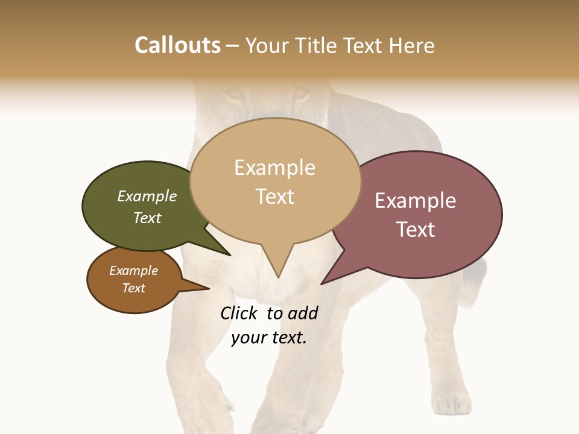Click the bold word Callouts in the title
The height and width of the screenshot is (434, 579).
[x=177, y=45]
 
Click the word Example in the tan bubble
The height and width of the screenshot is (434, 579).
[x=274, y=168]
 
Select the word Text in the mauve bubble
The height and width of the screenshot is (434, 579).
[x=416, y=230]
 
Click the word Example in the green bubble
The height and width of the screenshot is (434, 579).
[x=147, y=196]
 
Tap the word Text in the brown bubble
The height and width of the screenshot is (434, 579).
[x=133, y=288]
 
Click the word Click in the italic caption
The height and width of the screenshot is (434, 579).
[x=239, y=313]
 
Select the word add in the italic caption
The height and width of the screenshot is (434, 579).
[x=303, y=313]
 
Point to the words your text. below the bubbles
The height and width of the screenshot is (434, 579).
[x=269, y=338]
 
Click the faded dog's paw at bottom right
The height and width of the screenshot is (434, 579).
[x=452, y=401]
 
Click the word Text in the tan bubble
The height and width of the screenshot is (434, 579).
[x=275, y=197]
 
